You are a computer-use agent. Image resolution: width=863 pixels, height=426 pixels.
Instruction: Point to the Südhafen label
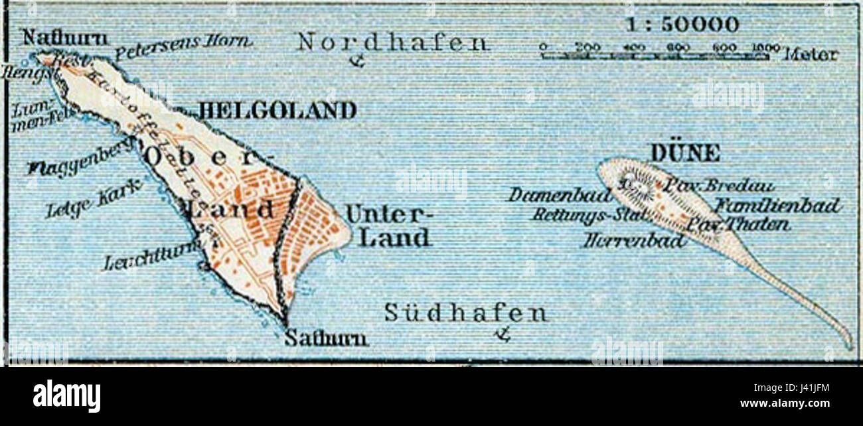466,313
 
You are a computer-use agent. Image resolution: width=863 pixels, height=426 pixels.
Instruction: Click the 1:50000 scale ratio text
682,25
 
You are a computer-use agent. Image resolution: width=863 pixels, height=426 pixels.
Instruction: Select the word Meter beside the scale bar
811,55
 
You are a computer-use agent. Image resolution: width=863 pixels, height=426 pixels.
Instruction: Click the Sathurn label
325,339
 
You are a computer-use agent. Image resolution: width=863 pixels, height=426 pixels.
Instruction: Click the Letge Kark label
93,200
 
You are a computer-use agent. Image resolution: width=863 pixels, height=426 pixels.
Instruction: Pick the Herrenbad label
634,241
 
